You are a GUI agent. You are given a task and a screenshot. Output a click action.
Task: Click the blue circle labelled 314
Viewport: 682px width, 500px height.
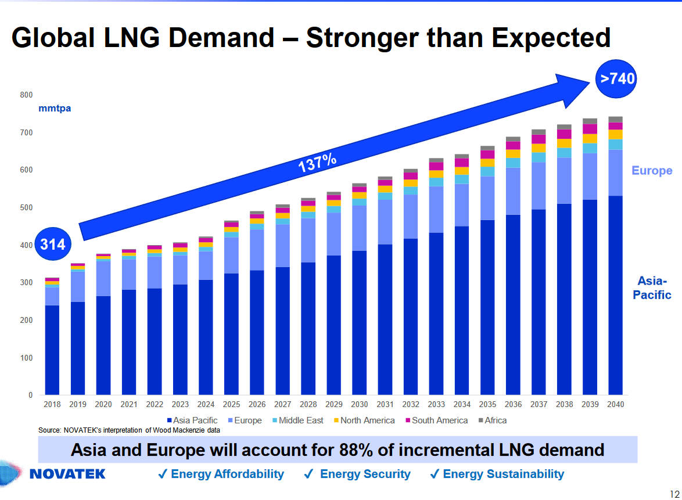[x=53, y=244]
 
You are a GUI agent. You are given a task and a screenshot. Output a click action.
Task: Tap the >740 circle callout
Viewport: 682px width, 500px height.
[x=617, y=78]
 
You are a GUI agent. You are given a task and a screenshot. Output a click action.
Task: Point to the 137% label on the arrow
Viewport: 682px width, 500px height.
[x=317, y=163]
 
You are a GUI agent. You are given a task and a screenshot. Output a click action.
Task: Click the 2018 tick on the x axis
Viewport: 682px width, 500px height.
[x=52, y=404]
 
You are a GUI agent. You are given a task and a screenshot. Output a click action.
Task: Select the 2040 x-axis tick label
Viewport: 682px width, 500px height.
[x=615, y=404]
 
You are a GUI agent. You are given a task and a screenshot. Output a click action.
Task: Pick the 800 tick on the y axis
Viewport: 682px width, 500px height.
[x=27, y=95]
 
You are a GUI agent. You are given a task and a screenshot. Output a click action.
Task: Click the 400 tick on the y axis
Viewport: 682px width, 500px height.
[x=27, y=245]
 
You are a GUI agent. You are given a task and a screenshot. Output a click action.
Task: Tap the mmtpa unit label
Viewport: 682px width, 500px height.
[x=55, y=108]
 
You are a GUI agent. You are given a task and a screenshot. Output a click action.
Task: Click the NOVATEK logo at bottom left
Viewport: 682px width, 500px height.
[x=67, y=474]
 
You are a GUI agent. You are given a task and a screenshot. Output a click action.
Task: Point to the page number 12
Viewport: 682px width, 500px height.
[x=674, y=493]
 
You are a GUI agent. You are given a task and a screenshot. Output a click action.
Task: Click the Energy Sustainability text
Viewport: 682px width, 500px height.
[x=503, y=474]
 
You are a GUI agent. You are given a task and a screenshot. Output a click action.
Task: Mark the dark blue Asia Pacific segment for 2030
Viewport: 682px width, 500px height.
[x=360, y=322]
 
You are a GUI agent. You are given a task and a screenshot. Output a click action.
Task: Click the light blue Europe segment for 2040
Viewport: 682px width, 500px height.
[x=615, y=172]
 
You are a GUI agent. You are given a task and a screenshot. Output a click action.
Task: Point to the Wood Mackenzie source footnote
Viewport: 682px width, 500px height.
[x=129, y=430]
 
